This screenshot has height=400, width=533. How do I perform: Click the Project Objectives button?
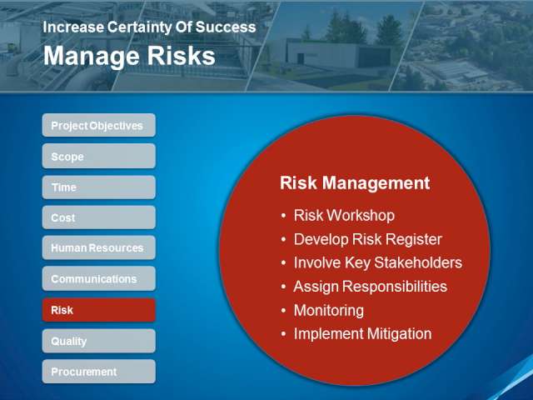tap(99, 125)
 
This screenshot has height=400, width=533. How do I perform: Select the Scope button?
tap(99, 156)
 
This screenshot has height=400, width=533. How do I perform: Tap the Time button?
tap(99, 187)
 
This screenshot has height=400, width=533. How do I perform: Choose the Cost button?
tap(99, 217)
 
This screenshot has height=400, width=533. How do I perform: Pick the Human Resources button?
tap(99, 247)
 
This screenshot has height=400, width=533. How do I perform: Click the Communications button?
tap(99, 278)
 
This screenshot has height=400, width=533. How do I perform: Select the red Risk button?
tap(99, 310)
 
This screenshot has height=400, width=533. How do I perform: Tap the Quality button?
tap(99, 341)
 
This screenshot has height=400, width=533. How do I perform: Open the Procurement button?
tap(99, 372)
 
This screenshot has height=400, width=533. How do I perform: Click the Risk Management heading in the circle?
tap(355, 183)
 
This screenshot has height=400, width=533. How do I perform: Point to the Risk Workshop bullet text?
tap(344, 215)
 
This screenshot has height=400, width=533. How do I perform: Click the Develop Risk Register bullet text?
tap(368, 239)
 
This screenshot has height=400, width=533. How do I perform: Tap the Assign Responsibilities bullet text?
tap(370, 287)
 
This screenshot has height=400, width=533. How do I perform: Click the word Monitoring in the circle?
tap(329, 311)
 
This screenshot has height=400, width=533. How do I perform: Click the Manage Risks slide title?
tap(129, 56)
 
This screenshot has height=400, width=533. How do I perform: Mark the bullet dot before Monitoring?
tap(283, 311)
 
